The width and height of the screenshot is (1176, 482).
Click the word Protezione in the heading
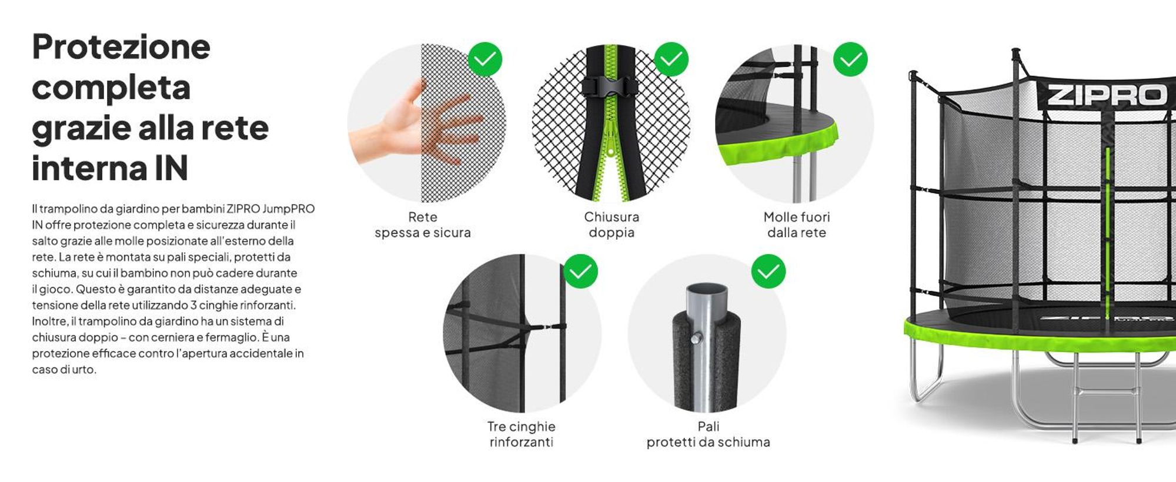(121, 47)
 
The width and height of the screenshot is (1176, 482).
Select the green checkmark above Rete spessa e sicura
(485, 59)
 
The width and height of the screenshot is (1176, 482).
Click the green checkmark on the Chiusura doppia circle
(671, 59)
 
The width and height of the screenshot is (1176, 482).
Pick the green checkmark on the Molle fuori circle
(850, 59)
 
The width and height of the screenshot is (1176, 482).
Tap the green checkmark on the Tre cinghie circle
(580, 271)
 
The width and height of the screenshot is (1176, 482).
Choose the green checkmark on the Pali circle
(768, 271)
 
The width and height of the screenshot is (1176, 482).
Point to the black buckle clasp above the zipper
(611, 87)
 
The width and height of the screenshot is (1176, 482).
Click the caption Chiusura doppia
(612, 225)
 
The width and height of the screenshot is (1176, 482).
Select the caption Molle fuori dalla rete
(797, 225)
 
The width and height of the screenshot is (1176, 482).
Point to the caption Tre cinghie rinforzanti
(522, 434)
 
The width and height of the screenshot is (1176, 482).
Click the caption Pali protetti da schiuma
(708, 434)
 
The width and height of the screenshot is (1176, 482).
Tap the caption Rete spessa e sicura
(423, 225)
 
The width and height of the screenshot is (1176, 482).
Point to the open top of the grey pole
(707, 291)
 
